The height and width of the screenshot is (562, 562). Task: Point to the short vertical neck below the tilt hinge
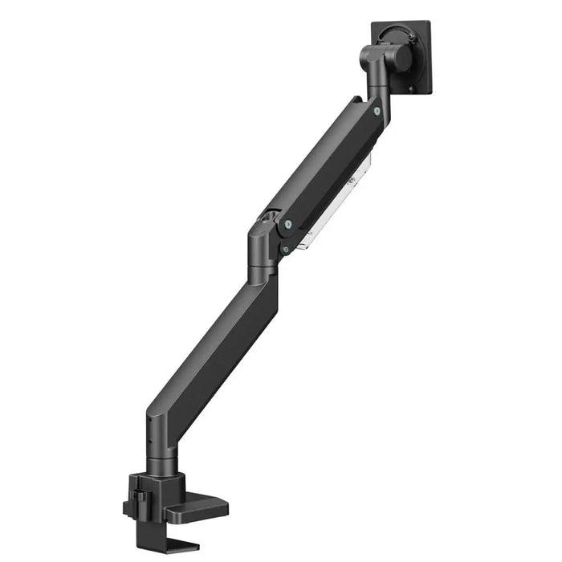378,88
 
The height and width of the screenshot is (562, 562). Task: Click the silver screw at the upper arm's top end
375,112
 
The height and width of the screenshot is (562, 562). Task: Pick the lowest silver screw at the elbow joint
284,250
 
